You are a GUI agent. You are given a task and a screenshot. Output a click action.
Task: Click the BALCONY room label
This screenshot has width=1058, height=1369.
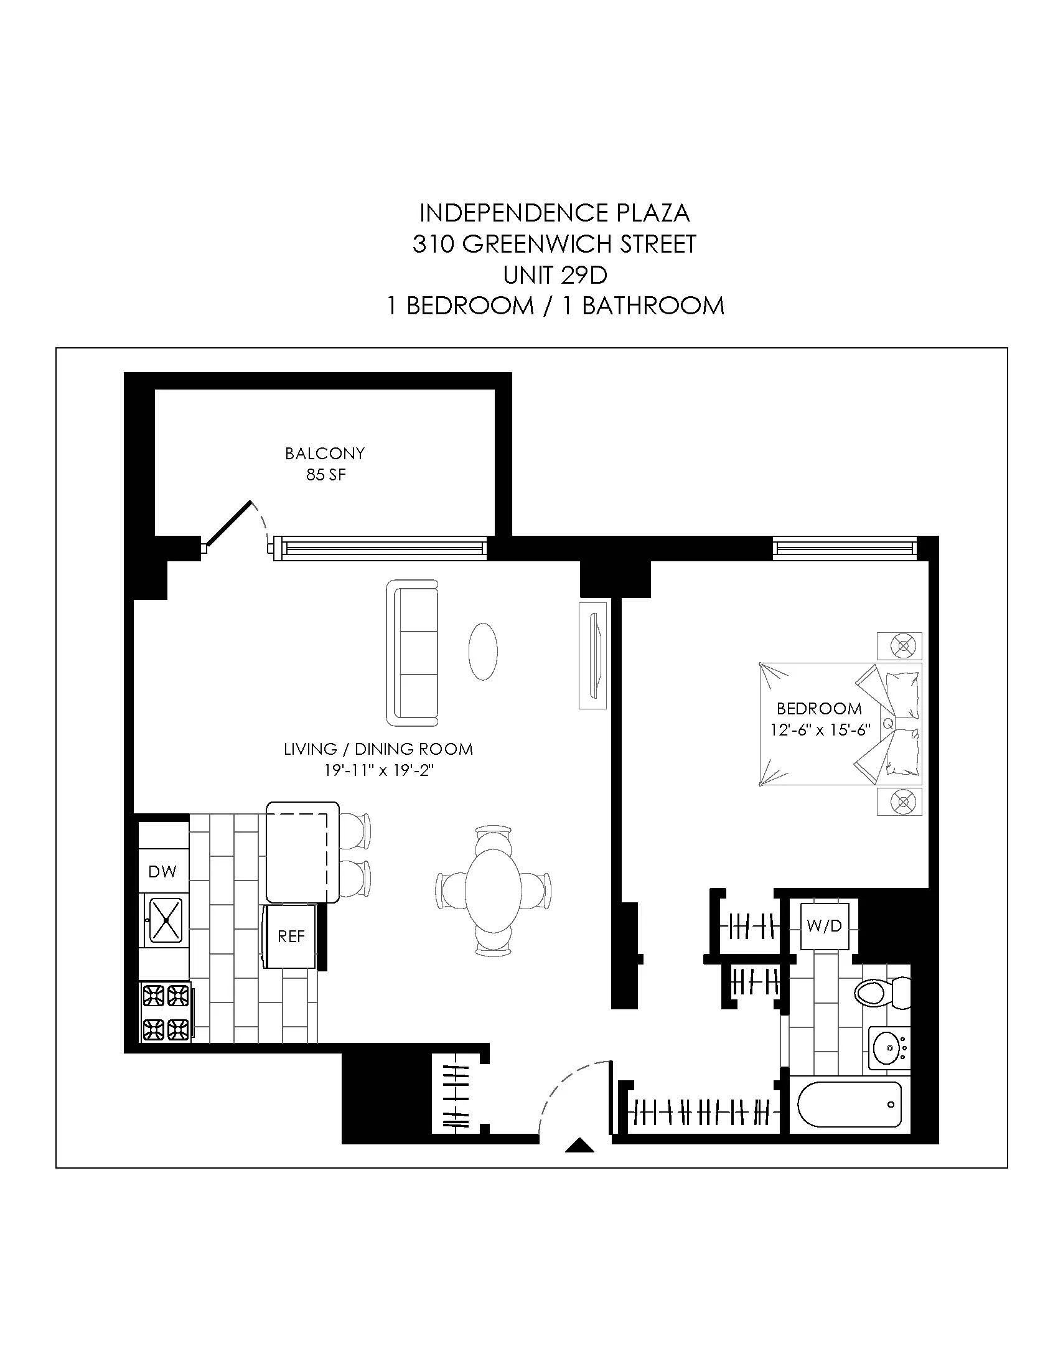(324, 453)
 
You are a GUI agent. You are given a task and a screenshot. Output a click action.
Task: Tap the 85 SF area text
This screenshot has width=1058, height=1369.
(325, 475)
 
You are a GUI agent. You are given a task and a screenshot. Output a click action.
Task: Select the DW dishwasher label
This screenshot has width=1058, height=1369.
(162, 871)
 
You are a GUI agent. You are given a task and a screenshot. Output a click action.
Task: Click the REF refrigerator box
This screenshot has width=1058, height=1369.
(290, 937)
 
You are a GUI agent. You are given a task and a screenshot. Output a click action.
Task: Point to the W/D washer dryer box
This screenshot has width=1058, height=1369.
(825, 927)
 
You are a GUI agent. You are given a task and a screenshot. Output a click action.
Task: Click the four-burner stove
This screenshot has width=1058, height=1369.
(166, 1012)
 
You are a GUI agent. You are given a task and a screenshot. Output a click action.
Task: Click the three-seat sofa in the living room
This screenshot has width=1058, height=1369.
(413, 653)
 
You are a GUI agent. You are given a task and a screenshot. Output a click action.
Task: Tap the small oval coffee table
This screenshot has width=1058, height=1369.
(482, 651)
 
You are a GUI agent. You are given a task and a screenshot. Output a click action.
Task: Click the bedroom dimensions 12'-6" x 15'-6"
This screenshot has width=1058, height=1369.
(820, 731)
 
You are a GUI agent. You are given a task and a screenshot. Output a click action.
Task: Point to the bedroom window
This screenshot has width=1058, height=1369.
(845, 548)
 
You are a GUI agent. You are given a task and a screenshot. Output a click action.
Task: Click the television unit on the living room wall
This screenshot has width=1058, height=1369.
(593, 655)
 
